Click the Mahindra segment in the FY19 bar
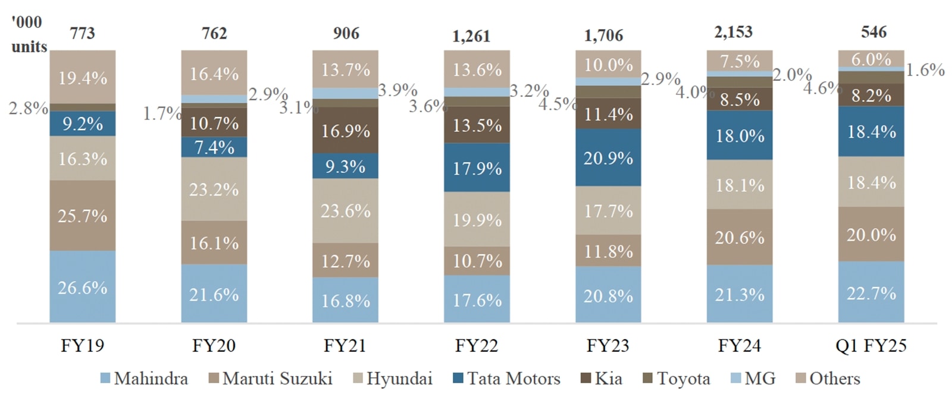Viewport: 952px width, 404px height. click(x=83, y=288)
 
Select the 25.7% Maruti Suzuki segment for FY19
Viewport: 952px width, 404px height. click(x=83, y=216)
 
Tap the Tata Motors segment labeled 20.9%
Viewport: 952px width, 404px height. click(x=608, y=158)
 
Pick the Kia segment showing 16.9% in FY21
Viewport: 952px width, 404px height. click(x=346, y=131)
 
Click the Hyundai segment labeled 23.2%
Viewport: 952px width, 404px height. click(x=214, y=190)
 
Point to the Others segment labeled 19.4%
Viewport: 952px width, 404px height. click(x=83, y=77)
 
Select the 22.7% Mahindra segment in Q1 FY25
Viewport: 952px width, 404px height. click(x=871, y=293)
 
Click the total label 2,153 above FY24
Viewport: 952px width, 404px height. click(x=733, y=32)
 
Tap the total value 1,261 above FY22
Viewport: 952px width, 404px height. click(x=471, y=36)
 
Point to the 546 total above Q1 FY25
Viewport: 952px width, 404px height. click(x=873, y=32)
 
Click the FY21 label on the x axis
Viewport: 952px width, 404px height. click(x=345, y=346)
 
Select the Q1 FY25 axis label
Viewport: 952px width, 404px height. click(x=871, y=346)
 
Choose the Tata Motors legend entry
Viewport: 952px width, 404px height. click(x=506, y=378)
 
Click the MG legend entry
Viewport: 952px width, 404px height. click(x=753, y=378)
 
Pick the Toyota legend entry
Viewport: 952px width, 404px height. click(x=677, y=378)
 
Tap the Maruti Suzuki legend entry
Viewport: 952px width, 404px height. click(x=271, y=378)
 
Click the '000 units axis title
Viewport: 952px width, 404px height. click(x=29, y=34)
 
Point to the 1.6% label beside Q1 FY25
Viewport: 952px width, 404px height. click(x=925, y=70)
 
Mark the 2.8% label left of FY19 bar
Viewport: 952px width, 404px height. click(x=28, y=108)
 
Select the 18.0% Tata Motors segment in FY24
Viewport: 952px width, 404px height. click(x=740, y=135)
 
